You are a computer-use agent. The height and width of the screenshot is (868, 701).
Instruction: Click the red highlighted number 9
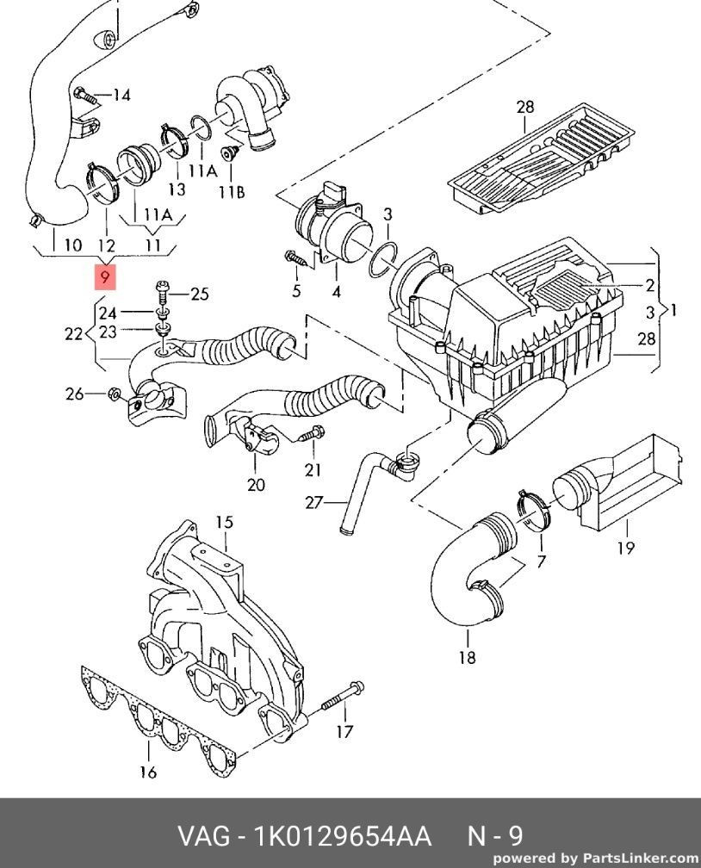point(105,276)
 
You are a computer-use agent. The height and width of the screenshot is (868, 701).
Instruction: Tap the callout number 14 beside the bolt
point(121,96)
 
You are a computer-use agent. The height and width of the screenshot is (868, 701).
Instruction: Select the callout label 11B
point(232,192)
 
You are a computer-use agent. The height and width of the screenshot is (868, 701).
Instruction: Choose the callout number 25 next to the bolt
point(199,294)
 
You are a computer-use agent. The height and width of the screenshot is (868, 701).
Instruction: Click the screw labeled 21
point(311,431)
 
